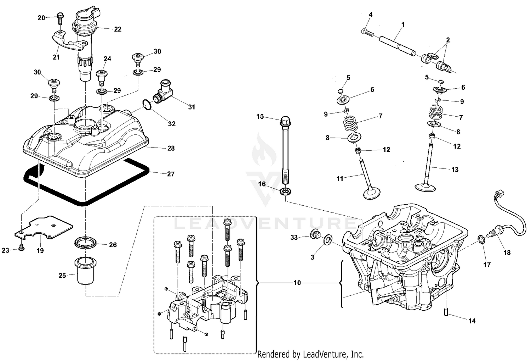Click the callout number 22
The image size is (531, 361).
click(118, 29)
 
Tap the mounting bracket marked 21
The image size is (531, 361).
click(69, 42)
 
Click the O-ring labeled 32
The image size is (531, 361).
click(147, 105)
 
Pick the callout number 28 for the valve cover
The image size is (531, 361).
click(171, 148)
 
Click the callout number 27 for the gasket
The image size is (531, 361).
click(171, 174)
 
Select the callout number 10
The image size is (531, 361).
click(297, 283)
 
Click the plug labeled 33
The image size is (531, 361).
click(314, 234)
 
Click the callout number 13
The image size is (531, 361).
click(455, 170)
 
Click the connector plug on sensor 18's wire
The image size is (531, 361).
click(498, 194)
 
